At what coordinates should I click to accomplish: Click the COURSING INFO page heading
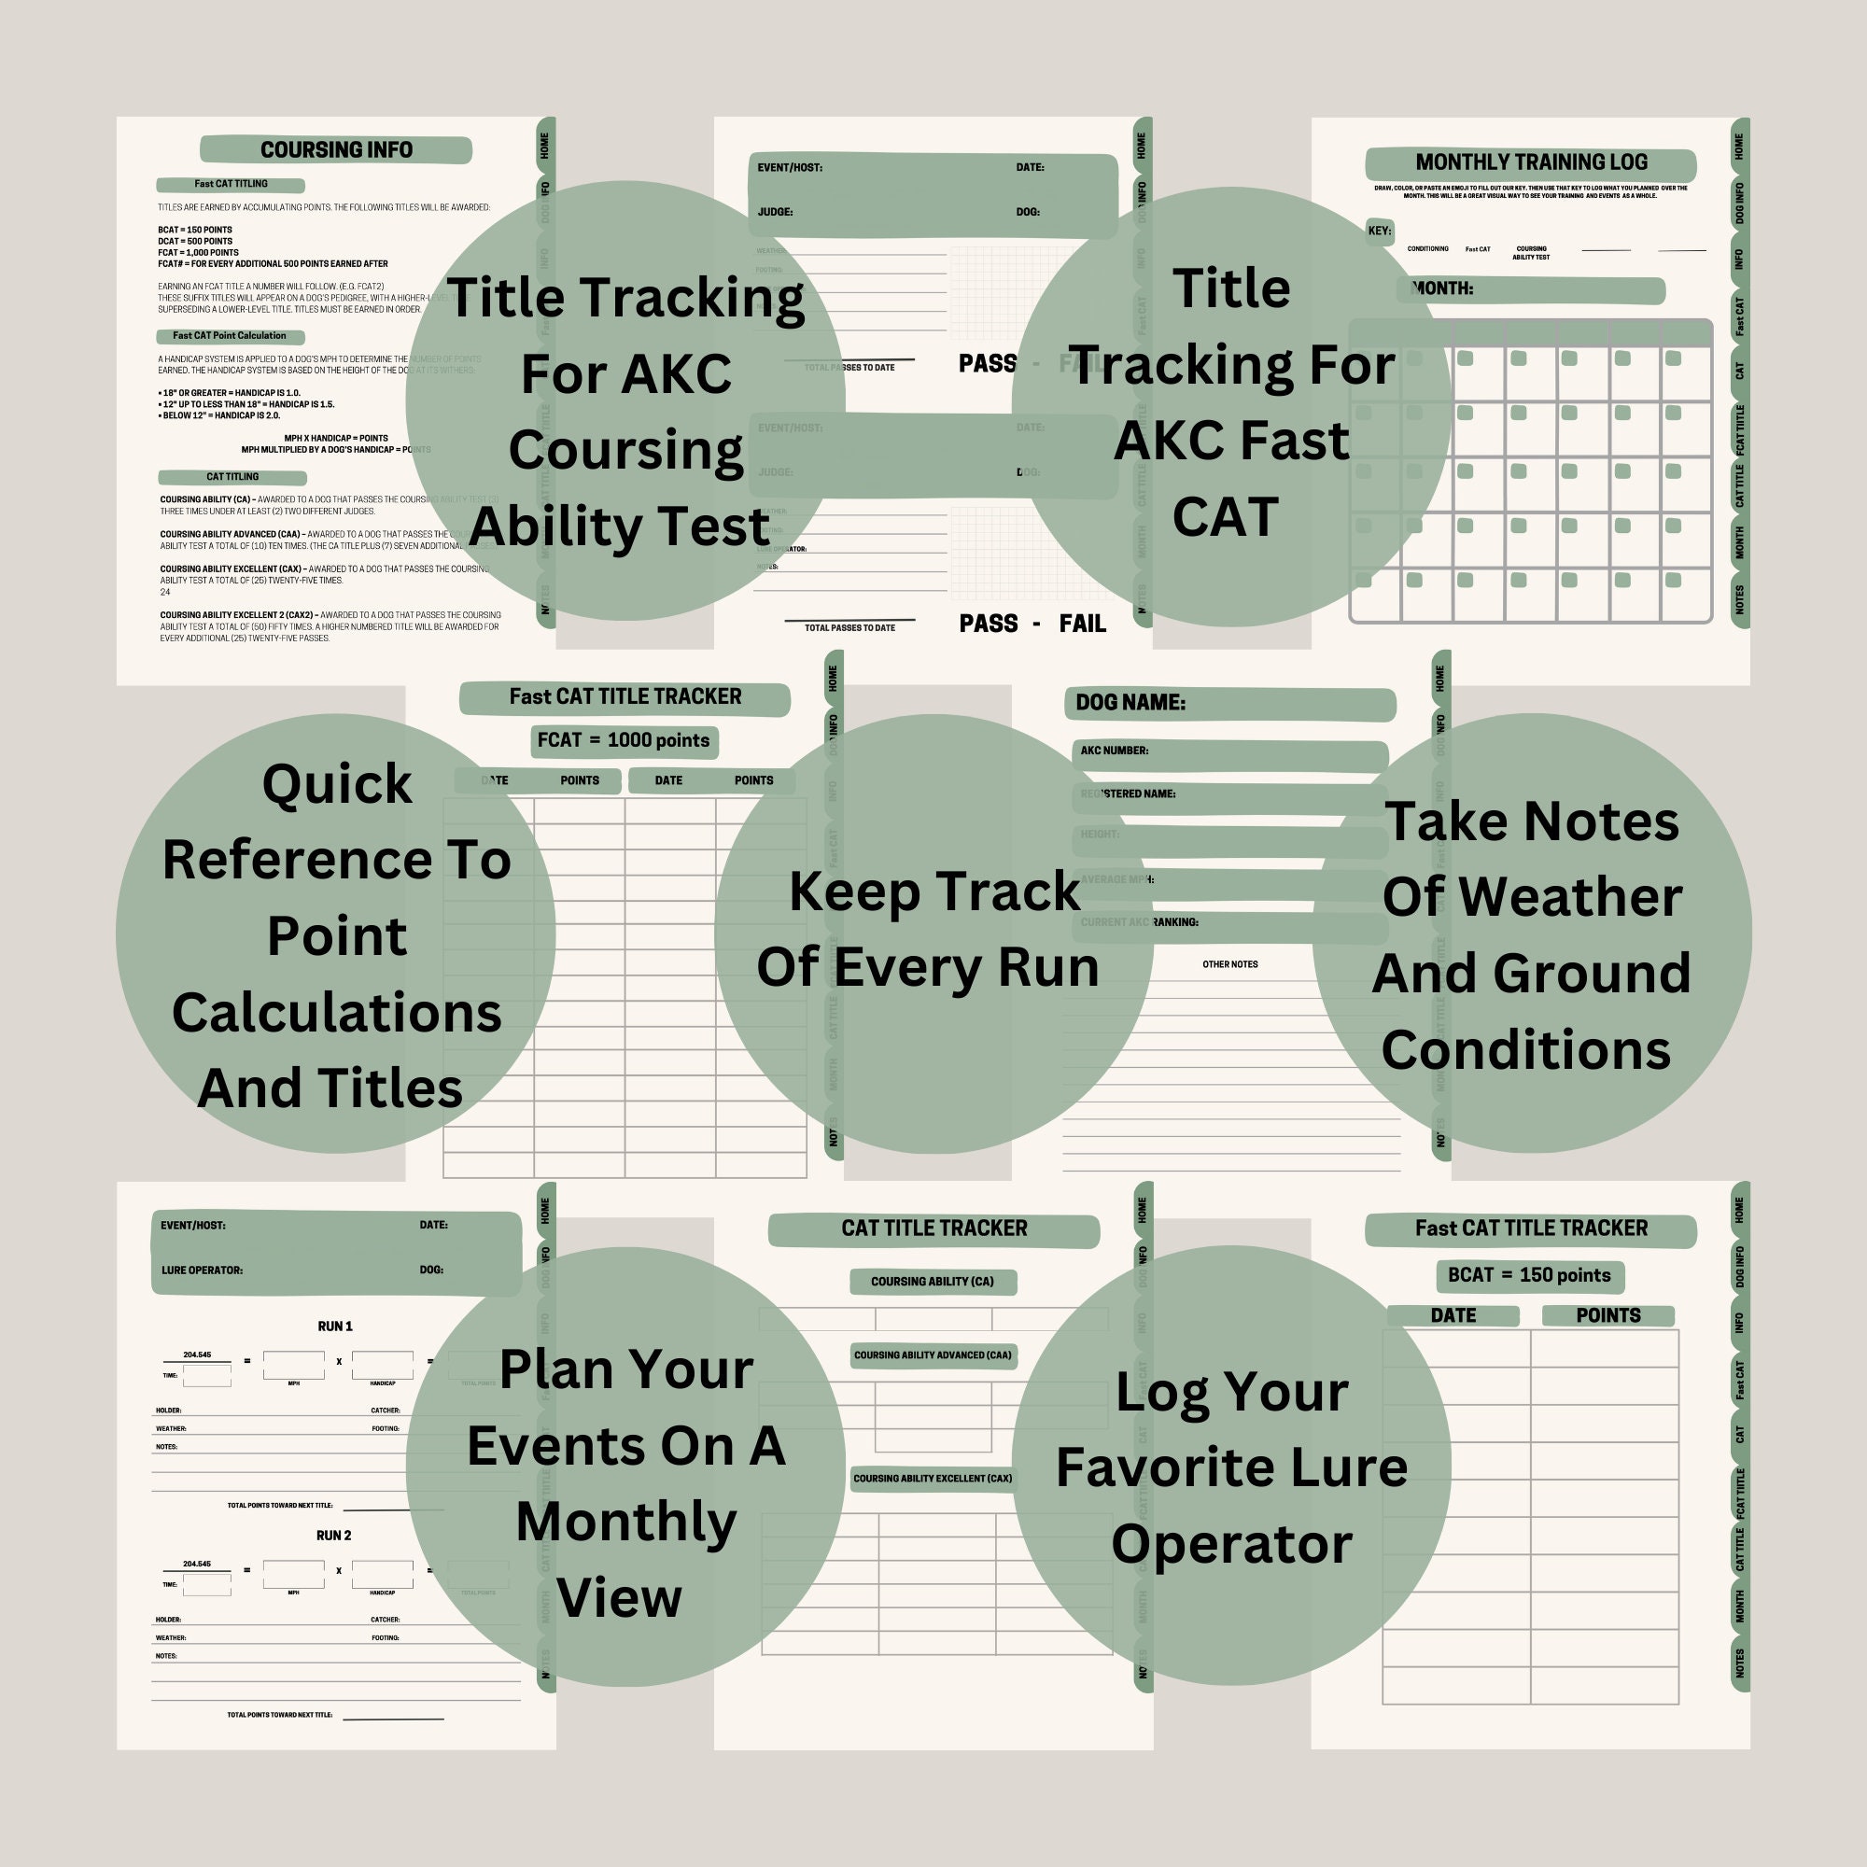point(335,149)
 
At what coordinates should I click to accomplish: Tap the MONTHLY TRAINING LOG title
point(1531,162)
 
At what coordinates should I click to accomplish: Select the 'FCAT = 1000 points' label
point(624,740)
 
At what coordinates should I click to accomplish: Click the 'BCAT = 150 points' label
point(1529,1274)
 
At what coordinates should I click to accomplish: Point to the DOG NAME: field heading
point(1130,703)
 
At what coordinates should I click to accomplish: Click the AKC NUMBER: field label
point(1115,750)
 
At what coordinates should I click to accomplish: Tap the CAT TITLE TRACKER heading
point(933,1228)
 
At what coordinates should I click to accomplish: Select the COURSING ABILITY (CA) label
point(932,1282)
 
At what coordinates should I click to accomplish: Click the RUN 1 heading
point(334,1326)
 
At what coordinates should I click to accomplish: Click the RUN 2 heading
point(333,1535)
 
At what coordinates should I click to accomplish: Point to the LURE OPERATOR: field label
point(202,1270)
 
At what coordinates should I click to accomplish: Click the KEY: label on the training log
point(1379,231)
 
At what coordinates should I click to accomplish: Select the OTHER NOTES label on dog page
point(1229,964)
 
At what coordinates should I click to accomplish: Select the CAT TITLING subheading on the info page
point(232,476)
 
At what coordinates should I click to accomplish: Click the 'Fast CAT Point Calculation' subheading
point(229,335)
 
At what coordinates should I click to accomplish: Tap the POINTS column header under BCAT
point(1607,1315)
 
